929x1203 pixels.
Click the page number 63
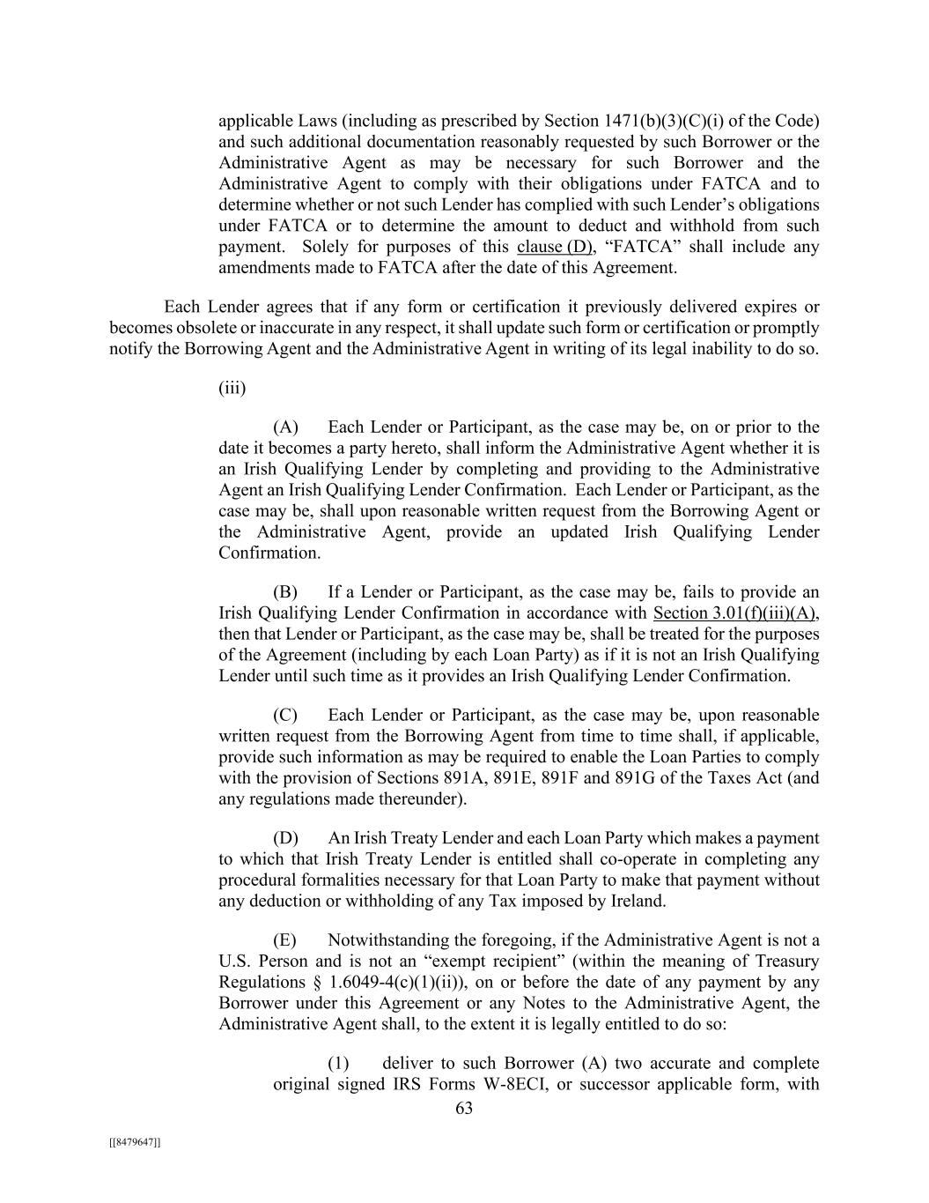point(464,1108)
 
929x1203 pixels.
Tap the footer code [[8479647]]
point(135,1142)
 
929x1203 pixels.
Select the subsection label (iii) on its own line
point(232,388)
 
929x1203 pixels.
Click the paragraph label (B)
point(285,591)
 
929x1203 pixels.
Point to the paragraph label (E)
point(285,939)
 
